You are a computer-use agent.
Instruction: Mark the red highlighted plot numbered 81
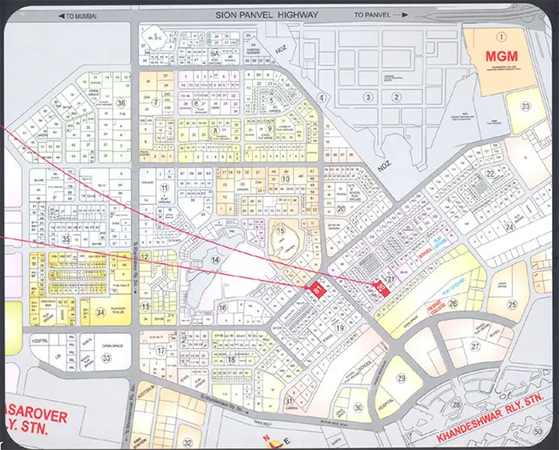pos(318,290)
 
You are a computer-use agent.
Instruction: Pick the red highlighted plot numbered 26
pos(380,289)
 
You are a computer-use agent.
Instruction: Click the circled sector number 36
pos(120,103)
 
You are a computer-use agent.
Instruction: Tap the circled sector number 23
pos(525,106)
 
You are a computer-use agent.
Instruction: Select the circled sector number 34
pos(101,313)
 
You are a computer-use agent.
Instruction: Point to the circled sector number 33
pos(106,358)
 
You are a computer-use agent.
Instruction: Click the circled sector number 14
pos(214,260)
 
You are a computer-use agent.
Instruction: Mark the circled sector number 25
pos(513,304)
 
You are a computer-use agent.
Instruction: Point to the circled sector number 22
pos(490,174)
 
